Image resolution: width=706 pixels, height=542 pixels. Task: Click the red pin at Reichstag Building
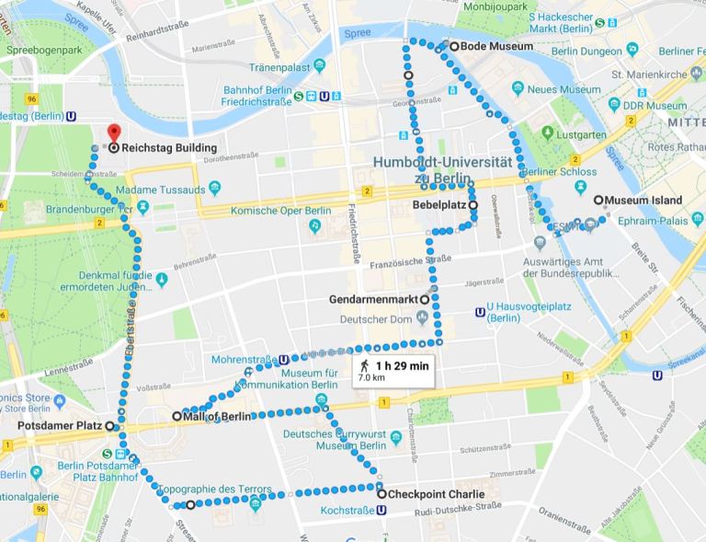click(113, 133)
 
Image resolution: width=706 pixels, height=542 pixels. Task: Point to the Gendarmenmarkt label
click(373, 299)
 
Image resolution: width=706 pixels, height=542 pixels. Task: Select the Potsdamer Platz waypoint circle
click(109, 426)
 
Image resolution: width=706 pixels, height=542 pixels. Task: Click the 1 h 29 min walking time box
click(394, 370)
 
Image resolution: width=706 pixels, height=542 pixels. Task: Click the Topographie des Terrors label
click(215, 489)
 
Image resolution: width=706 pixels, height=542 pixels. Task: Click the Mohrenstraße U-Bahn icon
click(283, 361)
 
